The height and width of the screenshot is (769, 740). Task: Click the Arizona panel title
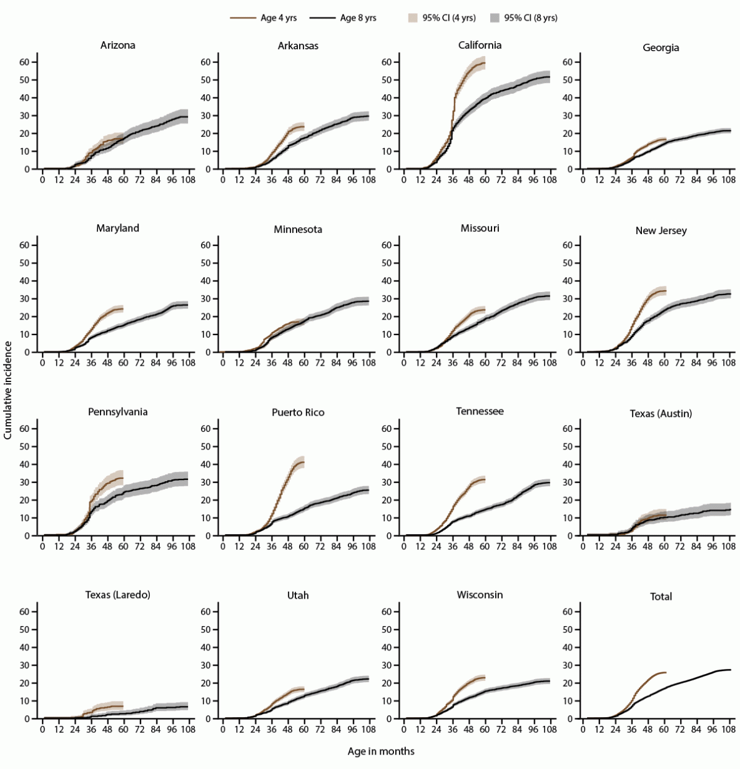pyautogui.click(x=117, y=45)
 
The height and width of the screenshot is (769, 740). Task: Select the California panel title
pyautogui.click(x=480, y=45)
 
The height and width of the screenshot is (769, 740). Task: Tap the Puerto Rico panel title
pyautogui.click(x=298, y=413)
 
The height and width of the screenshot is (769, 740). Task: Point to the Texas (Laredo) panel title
pyautogui.click(x=117, y=595)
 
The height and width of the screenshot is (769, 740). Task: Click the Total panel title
pyautogui.click(x=661, y=597)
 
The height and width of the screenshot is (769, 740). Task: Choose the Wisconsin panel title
pyautogui.click(x=480, y=595)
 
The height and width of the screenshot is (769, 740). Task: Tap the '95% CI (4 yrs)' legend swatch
pyautogui.click(x=413, y=18)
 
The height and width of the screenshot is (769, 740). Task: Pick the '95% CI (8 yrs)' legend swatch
pyautogui.click(x=495, y=18)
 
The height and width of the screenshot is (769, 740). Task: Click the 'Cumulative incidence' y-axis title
pyautogui.click(x=7, y=390)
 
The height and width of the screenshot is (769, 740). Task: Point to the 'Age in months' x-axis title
pyautogui.click(x=381, y=752)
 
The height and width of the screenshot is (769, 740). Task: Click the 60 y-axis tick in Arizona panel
pyautogui.click(x=24, y=62)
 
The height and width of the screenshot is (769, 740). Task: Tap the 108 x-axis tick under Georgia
pyautogui.click(x=728, y=180)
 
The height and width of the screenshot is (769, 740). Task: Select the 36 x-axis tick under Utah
pyautogui.click(x=272, y=730)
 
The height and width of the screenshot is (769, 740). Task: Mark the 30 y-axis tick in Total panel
pyautogui.click(x=568, y=665)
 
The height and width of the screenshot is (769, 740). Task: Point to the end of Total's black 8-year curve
pyautogui.click(x=730, y=670)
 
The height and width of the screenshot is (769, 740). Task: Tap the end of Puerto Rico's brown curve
pyautogui.click(x=303, y=463)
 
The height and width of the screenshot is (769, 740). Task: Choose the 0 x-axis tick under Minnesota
pyautogui.click(x=223, y=363)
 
